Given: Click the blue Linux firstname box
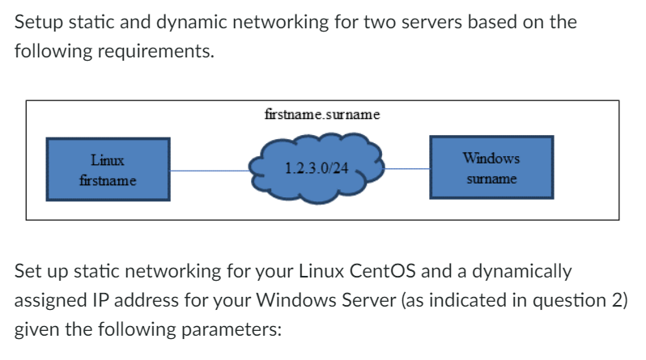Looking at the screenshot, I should (108, 168).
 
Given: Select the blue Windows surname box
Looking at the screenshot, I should (491, 167).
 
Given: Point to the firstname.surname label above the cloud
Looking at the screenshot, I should (322, 114).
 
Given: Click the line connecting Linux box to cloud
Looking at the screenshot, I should (210, 171).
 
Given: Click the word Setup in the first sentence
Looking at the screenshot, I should (38, 22).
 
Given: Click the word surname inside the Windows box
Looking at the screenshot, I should (491, 177).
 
